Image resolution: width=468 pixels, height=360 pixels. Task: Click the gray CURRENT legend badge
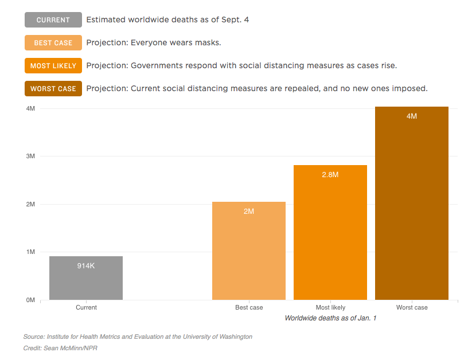pos(53,20)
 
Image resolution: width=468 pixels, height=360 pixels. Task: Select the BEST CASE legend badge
pos(53,43)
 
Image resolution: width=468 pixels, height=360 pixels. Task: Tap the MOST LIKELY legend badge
pos(53,66)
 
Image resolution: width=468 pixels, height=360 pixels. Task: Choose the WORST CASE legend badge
pos(53,89)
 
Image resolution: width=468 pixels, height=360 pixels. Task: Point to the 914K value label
pos(86,266)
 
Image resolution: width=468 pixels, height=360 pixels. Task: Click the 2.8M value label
pos(330,175)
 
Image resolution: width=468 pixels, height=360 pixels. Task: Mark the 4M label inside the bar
pos(412,116)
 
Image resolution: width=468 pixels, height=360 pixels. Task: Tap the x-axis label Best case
pos(249,308)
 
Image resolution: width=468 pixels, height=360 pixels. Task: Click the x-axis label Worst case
pos(412,308)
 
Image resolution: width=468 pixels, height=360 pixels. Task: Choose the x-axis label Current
pos(86,308)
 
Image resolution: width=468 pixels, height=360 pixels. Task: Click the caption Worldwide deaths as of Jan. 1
pos(330,318)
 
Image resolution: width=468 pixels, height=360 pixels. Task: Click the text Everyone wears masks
pos(154,43)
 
